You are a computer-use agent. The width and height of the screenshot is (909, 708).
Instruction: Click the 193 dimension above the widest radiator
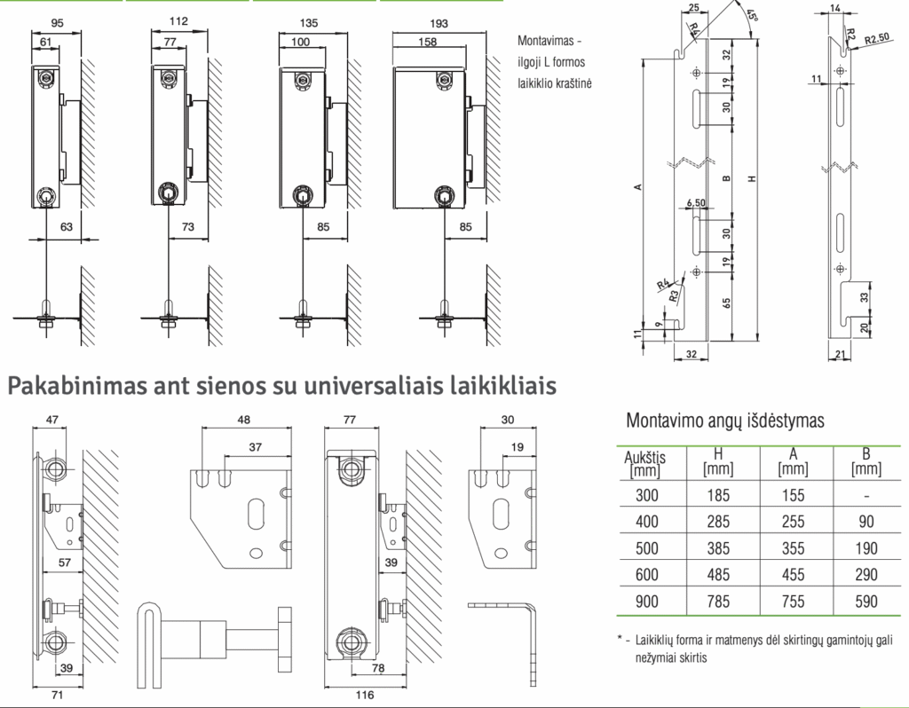pos(439,23)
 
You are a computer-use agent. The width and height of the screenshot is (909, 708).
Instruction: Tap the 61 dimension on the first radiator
pos(46,42)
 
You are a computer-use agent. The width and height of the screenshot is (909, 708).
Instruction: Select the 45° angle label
pos(751,16)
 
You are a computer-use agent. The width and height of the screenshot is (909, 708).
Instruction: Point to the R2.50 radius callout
pos(876,39)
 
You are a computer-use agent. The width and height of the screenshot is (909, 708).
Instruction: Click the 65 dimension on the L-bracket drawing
pos(727,303)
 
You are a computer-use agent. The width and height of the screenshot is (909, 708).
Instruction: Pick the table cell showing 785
pos(717,602)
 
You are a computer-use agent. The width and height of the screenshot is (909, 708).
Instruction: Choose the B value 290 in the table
pos(866,575)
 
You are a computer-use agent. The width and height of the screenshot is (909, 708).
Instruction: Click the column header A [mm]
pos(793,461)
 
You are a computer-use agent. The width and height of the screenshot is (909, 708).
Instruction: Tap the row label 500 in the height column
pos(647,548)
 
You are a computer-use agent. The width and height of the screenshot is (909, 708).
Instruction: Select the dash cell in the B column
pos(866,495)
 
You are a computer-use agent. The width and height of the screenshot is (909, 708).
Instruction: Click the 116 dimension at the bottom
pos(365,695)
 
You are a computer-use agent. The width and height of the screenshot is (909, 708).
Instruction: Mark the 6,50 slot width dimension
pos(696,203)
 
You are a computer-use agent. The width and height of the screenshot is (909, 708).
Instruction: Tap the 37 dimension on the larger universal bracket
pos(255,446)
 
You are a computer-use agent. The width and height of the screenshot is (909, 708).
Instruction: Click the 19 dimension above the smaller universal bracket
pos(518,446)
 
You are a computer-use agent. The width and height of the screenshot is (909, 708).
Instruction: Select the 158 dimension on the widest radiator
pos(427,42)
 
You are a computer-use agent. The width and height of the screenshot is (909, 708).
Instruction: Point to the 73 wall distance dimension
pos(188,226)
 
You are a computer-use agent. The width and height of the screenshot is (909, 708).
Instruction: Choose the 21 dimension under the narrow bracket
pos(840,355)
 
